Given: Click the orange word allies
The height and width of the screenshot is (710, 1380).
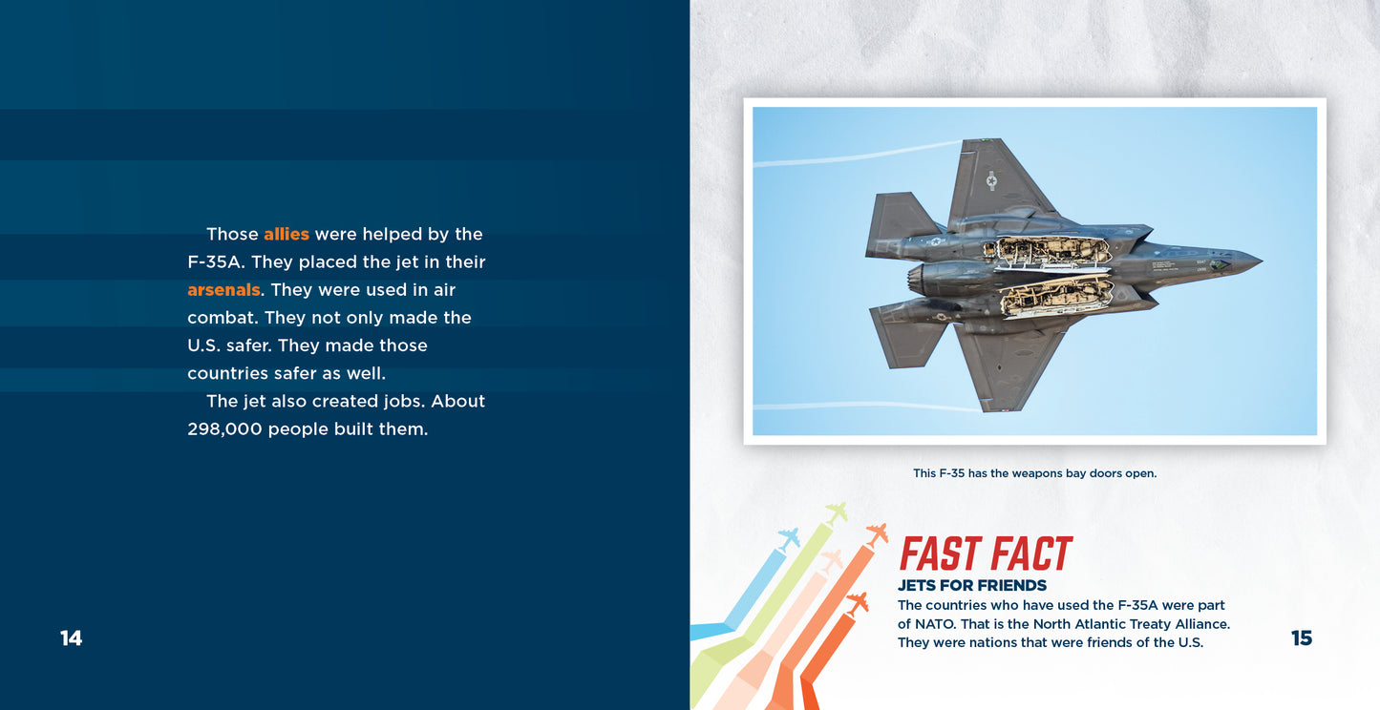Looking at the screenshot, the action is (287, 234).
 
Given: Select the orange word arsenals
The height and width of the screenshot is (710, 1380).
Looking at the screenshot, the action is (223, 290).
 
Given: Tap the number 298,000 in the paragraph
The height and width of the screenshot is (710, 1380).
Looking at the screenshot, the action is (224, 429).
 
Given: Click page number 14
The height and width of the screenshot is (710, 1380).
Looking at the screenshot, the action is (71, 638).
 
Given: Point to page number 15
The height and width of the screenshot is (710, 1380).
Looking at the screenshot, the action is (1302, 638).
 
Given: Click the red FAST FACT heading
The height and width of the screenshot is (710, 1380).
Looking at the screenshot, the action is (986, 553).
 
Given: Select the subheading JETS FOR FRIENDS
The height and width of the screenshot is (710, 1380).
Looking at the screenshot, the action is (972, 585).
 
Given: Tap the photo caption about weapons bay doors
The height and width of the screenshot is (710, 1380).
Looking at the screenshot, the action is (1035, 473).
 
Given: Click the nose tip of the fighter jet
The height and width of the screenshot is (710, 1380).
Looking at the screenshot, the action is (1262, 261).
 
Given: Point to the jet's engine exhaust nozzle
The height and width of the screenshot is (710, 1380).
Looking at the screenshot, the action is (916, 279).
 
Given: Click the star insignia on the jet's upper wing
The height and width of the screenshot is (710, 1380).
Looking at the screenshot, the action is (991, 181).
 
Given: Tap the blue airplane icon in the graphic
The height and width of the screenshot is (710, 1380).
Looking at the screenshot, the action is (789, 539).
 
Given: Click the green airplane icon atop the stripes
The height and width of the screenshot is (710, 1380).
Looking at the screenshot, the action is (836, 512).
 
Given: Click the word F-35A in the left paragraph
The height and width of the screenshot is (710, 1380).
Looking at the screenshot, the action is (216, 262).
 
